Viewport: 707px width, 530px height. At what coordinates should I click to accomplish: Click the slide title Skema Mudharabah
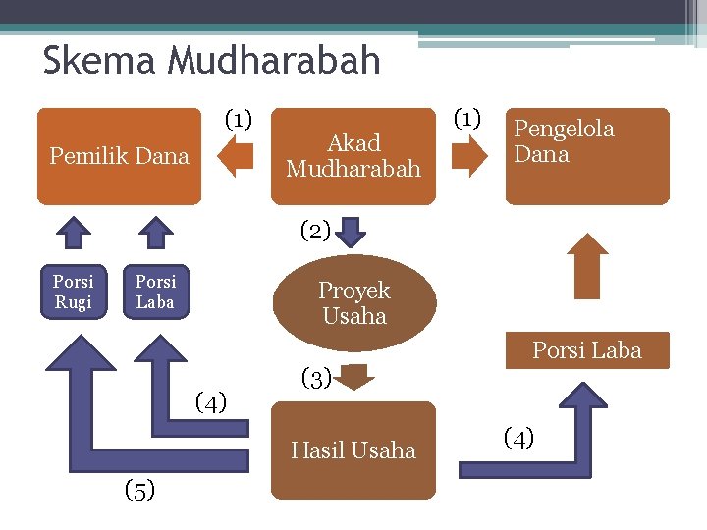pyautogui.click(x=211, y=61)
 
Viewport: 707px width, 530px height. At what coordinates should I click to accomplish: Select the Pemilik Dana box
pyautogui.click(x=119, y=155)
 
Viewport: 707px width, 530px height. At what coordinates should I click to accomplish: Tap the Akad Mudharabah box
pyautogui.click(x=353, y=155)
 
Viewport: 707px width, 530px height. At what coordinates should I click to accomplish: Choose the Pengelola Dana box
pyautogui.click(x=586, y=155)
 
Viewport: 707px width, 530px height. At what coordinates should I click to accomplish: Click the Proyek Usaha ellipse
pyautogui.click(x=353, y=303)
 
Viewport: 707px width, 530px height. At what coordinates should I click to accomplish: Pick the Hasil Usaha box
pyautogui.click(x=353, y=450)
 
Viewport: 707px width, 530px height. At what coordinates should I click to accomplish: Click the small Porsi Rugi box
pyautogui.click(x=74, y=291)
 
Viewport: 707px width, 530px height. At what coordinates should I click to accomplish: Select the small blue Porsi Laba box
pyautogui.click(x=155, y=291)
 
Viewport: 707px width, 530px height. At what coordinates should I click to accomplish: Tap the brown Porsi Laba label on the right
pyautogui.click(x=586, y=350)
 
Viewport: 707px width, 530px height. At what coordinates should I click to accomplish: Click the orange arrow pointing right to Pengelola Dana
pyautogui.click(x=469, y=156)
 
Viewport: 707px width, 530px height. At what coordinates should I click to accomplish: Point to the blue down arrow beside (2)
pyautogui.click(x=352, y=233)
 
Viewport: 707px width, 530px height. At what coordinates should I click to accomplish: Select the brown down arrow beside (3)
pyautogui.click(x=355, y=377)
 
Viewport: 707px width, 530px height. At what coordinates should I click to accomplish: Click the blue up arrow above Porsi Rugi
pyautogui.click(x=73, y=234)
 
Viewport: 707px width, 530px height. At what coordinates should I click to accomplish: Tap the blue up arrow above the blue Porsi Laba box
pyautogui.click(x=155, y=234)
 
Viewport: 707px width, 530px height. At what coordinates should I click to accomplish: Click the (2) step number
pyautogui.click(x=314, y=231)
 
